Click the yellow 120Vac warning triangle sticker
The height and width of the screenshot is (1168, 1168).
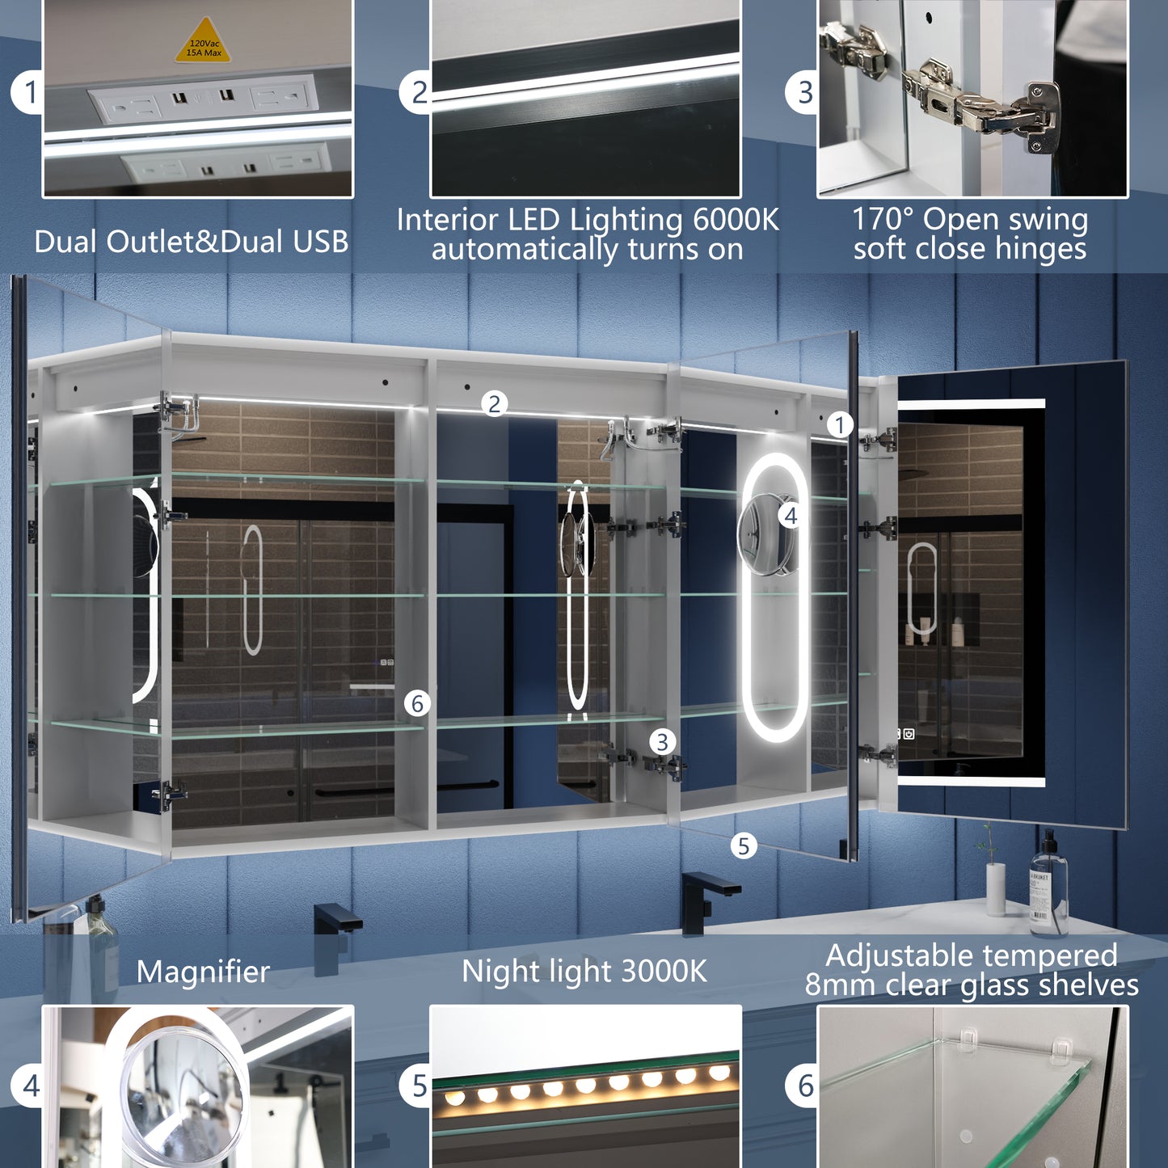(205, 41)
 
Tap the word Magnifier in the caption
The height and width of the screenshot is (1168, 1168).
(203, 972)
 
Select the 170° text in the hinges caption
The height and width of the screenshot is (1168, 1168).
(883, 219)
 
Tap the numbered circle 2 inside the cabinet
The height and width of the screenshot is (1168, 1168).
(495, 403)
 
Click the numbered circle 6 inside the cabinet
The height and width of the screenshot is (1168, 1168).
(417, 703)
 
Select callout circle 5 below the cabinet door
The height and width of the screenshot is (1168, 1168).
(744, 845)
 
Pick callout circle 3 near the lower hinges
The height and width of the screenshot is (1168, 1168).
(663, 741)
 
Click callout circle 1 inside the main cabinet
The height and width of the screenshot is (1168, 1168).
(840, 425)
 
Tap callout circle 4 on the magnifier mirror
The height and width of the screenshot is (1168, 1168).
(791, 517)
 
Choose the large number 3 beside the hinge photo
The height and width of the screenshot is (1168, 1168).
(805, 92)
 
